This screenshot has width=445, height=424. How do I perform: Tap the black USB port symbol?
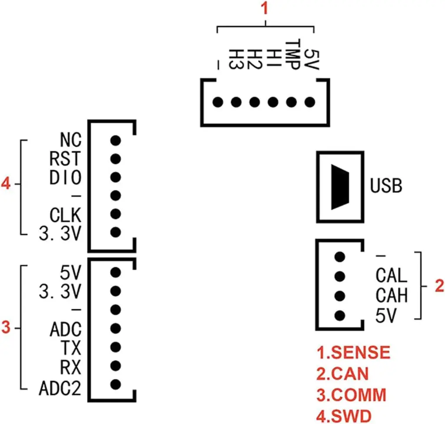[340, 187]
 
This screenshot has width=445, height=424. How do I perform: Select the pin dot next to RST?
[115, 159]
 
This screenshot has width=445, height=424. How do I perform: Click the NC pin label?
[70, 140]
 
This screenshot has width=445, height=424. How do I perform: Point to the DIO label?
[65, 178]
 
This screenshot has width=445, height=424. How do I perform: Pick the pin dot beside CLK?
[115, 214]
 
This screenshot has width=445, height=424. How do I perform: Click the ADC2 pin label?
[60, 388]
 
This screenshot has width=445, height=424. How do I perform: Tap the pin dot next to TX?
[115, 347]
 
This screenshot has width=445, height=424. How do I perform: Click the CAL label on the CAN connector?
[391, 275]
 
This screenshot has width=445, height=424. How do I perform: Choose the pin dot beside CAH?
[340, 295]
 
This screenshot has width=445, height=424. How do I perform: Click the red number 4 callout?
[6, 184]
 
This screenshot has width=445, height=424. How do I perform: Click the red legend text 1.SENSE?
[353, 353]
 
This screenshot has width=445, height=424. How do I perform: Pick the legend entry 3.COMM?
[351, 395]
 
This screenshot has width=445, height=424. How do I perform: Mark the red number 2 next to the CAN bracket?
[439, 286]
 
